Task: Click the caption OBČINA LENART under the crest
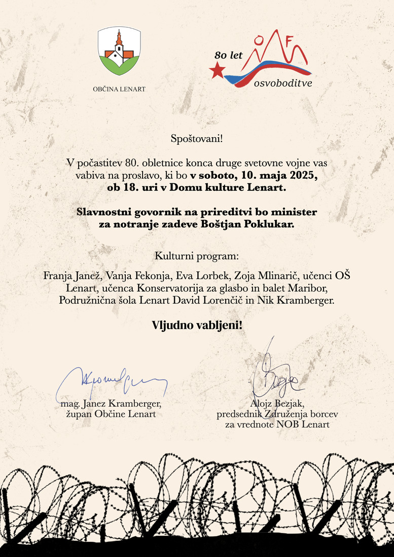tap(119, 89)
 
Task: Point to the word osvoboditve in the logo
tap(282, 83)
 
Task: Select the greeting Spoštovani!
tap(197, 137)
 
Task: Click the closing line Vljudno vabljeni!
tap(197, 325)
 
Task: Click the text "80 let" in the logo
tap(229, 55)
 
